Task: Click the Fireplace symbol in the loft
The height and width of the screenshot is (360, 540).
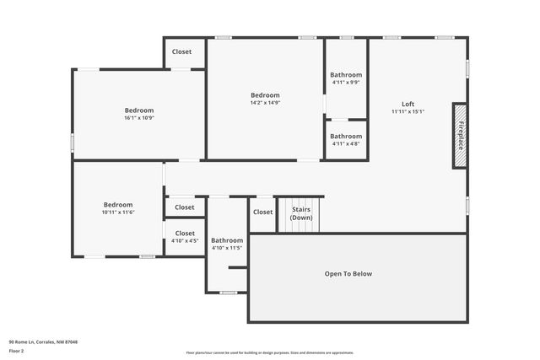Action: tap(461, 136)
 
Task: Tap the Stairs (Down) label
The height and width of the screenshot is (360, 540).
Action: tap(301, 212)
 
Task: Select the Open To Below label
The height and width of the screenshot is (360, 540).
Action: tap(348, 273)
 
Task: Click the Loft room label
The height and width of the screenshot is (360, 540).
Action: tap(408, 104)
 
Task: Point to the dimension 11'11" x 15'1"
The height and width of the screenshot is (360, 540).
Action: tap(408, 111)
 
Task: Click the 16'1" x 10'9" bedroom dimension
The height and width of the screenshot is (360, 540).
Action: tap(139, 118)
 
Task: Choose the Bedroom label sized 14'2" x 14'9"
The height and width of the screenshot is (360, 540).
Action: tap(265, 94)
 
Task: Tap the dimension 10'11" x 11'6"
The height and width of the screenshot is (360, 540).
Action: tap(118, 212)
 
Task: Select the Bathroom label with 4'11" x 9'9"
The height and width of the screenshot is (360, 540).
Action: tap(346, 74)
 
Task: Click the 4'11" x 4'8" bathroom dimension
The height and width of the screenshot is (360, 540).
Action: tap(346, 143)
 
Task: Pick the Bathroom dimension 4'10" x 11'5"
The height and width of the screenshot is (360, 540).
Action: tap(227, 248)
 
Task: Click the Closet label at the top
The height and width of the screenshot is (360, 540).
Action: tap(181, 51)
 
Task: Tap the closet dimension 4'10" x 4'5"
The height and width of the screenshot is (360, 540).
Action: tap(185, 241)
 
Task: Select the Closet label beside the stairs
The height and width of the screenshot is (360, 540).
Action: tap(262, 212)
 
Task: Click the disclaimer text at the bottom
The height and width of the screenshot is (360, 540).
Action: tap(269, 352)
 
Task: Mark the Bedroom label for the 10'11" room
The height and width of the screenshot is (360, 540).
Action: tap(118, 204)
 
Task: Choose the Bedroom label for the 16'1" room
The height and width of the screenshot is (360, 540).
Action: tap(139, 110)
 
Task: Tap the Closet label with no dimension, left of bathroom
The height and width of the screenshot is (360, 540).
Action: tap(185, 207)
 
